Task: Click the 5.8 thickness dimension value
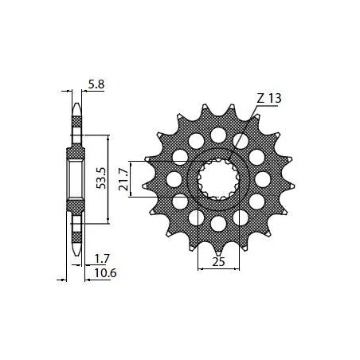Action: (x=95, y=82)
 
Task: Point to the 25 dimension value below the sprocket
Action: (x=217, y=261)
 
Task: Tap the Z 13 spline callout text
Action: (x=270, y=99)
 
